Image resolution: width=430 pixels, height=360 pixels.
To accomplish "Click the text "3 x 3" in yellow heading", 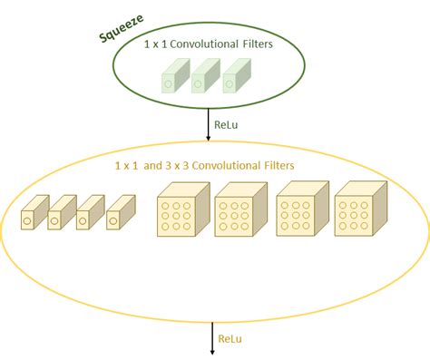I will (x=185, y=166).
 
